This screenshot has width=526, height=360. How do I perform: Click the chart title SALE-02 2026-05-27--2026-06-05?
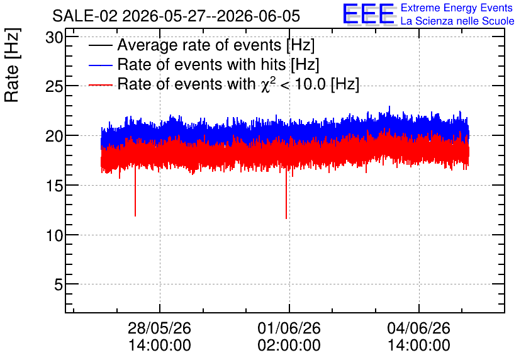point(176,16)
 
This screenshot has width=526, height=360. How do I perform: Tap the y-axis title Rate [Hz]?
point(12,65)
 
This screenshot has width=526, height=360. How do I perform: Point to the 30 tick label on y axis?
point(54,38)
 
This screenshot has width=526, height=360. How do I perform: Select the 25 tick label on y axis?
point(54,87)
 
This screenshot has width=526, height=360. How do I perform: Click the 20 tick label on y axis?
point(54,136)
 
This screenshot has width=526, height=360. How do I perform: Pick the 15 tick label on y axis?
point(54,186)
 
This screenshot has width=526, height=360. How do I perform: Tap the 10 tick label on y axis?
point(54,235)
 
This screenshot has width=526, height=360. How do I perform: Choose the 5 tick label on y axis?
point(59,285)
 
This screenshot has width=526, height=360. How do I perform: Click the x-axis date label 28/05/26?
point(159,328)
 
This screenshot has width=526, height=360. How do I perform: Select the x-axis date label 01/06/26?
point(289,328)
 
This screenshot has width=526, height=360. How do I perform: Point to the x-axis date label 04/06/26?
point(418,328)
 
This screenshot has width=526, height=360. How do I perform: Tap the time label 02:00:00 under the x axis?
point(289,346)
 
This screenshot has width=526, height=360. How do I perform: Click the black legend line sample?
point(100,45)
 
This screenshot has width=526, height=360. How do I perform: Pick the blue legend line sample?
point(100,65)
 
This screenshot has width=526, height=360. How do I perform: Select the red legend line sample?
point(100,85)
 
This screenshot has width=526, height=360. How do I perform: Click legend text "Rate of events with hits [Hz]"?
point(218,64)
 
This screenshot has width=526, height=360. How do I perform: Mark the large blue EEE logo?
point(369,14)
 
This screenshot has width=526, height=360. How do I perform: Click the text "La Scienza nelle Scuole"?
point(457,21)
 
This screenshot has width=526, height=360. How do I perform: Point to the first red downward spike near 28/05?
point(135,191)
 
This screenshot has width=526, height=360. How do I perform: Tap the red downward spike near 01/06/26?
point(286,193)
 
